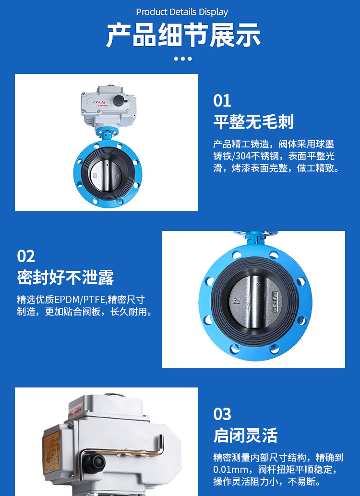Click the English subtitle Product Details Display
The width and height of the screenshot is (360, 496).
pos(182,12)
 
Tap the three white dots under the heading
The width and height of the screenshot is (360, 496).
pos(182,59)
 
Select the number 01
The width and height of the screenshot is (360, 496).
pos(222,101)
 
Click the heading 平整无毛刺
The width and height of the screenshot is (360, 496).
pos(253,122)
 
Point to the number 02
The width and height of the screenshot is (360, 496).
pos(26,256)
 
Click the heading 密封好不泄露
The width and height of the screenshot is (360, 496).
pos(65,277)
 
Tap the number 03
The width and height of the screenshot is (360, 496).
pos(222,414)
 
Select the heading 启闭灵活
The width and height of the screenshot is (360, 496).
pos(245,435)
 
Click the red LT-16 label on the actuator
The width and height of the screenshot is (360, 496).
pos(99,102)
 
